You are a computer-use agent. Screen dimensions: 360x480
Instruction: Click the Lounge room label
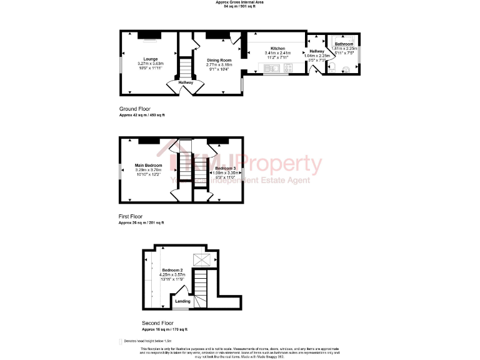tap(150, 59)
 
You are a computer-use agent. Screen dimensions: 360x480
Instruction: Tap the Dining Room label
tap(219, 60)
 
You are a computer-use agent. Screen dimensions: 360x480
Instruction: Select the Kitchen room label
tap(277, 49)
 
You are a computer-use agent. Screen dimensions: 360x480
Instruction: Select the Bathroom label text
tap(344, 44)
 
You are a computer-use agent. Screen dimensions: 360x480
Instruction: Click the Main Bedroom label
tap(149, 166)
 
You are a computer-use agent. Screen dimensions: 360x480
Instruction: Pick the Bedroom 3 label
tap(226, 169)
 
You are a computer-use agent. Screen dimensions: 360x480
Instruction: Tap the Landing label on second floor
tap(182, 301)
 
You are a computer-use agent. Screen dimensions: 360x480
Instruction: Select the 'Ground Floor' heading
tap(134, 109)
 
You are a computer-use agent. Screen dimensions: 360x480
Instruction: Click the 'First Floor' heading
tap(131, 216)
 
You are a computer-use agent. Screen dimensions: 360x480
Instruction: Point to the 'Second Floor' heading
tap(156, 323)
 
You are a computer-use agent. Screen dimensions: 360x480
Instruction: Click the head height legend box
tap(121, 341)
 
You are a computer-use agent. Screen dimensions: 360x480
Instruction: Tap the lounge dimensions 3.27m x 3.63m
tap(150, 64)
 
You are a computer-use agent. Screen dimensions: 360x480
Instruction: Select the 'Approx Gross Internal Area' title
tap(240, 2)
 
